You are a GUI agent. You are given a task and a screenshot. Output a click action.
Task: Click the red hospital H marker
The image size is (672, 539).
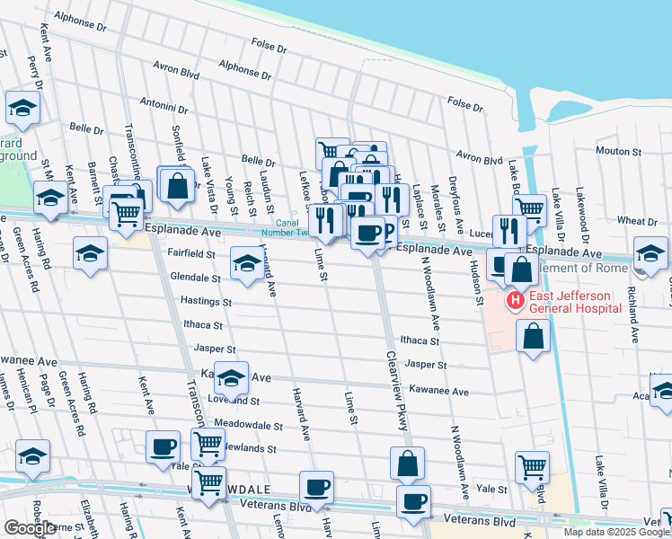516,300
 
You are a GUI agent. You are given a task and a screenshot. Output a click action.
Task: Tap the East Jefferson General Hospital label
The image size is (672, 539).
572,301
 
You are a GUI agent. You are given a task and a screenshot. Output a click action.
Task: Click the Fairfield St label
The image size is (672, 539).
190,254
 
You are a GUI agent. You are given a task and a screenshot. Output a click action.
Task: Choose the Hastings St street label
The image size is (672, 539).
206,302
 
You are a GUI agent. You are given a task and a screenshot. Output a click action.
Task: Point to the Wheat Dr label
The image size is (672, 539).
637,220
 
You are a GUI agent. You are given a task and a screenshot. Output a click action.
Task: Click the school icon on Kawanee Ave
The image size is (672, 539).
231,379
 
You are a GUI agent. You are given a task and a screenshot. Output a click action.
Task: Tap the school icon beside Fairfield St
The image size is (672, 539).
246,261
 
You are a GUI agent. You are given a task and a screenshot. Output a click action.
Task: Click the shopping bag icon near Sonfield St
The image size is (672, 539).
178,185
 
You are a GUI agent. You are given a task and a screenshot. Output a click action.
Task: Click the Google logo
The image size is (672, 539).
30,528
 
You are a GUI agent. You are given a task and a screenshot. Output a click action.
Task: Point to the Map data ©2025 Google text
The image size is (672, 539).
616,532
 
